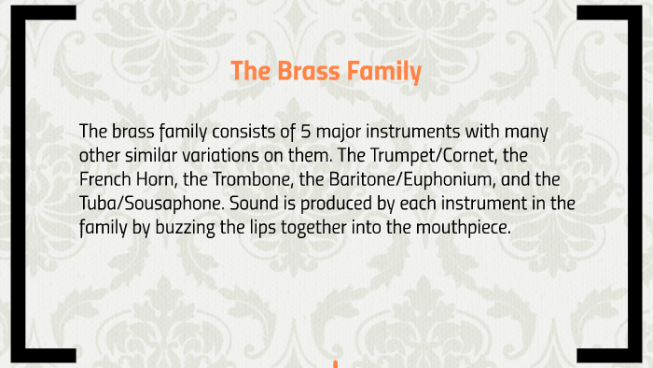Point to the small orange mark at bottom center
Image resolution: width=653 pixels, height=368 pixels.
point(333,362)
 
